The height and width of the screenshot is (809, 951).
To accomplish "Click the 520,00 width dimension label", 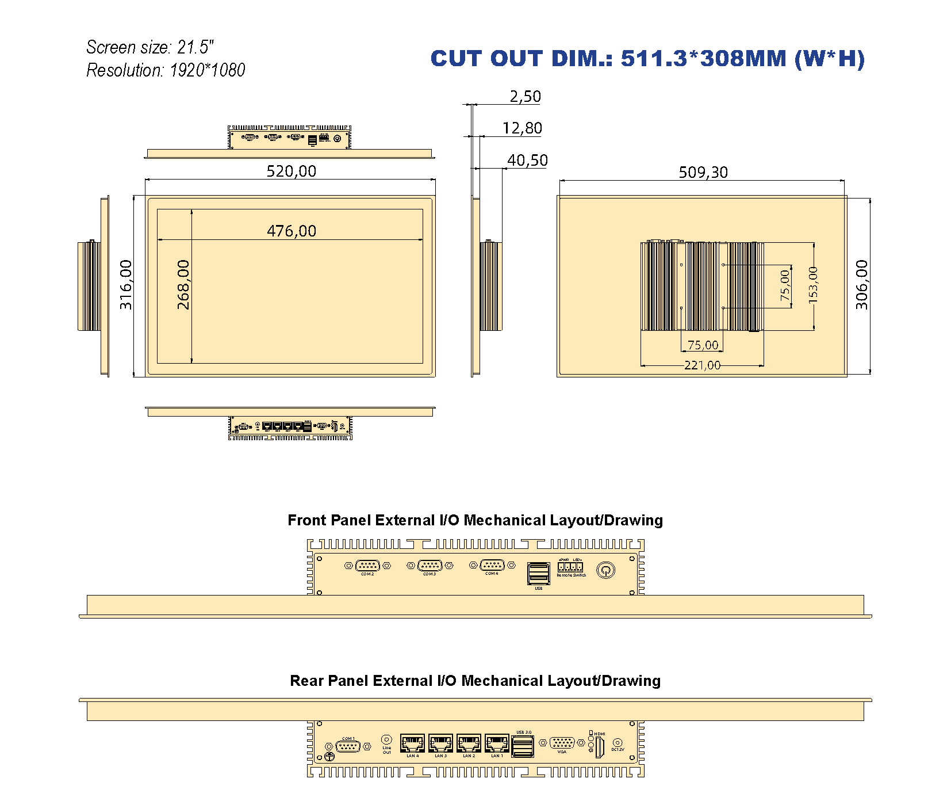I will (x=291, y=171).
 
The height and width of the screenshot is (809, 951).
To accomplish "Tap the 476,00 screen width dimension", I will (x=292, y=231).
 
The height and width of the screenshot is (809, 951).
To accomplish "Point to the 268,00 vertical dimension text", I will (x=183, y=285).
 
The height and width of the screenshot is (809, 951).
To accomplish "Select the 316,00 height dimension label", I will (x=126, y=285).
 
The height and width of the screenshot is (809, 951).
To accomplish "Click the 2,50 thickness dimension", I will (x=525, y=97).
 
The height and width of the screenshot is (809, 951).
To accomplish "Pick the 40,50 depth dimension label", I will (x=527, y=160).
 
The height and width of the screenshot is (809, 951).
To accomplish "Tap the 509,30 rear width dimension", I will (x=703, y=172).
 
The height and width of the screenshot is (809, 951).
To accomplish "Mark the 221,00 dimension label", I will (x=702, y=365).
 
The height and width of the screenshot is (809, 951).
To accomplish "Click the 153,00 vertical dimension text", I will (x=812, y=285).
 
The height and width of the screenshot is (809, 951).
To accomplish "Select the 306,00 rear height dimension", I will (x=861, y=285).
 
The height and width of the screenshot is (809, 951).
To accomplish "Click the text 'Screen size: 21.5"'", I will (x=150, y=47).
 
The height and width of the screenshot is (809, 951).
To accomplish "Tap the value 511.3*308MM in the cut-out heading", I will (x=703, y=59).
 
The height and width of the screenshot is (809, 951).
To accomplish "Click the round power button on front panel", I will (x=605, y=570).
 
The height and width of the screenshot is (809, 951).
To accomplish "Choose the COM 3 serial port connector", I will (x=430, y=566).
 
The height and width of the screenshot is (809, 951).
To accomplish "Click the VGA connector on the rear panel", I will (x=562, y=743).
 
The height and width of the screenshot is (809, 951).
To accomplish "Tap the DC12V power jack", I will (x=618, y=743).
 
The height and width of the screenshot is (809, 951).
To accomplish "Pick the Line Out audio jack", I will (x=386, y=739).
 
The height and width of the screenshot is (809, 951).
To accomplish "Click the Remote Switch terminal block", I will (x=570, y=567).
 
